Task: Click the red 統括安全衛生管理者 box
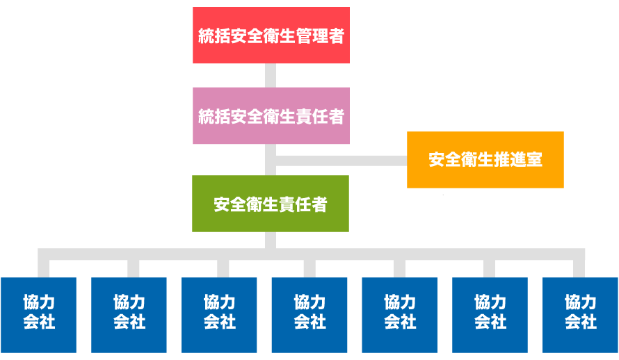tap(271, 35)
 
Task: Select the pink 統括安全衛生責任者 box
tap(271, 115)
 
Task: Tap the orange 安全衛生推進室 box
tap(485, 160)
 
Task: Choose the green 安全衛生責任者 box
tap(271, 204)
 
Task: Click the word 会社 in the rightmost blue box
tap(580, 322)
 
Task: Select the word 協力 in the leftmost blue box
tap(39, 303)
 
